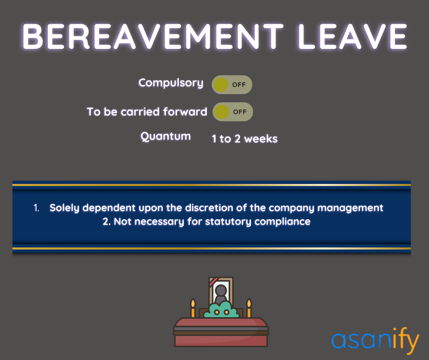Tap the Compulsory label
click(x=171, y=83)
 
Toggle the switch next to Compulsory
click(x=232, y=85)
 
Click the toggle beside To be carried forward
click(x=233, y=111)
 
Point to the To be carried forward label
click(x=147, y=112)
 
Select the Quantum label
click(x=166, y=137)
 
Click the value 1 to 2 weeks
click(x=245, y=139)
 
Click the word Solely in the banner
click(x=64, y=208)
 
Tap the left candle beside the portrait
click(x=193, y=309)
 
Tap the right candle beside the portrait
click(x=249, y=309)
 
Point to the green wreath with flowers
click(x=221, y=311)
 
